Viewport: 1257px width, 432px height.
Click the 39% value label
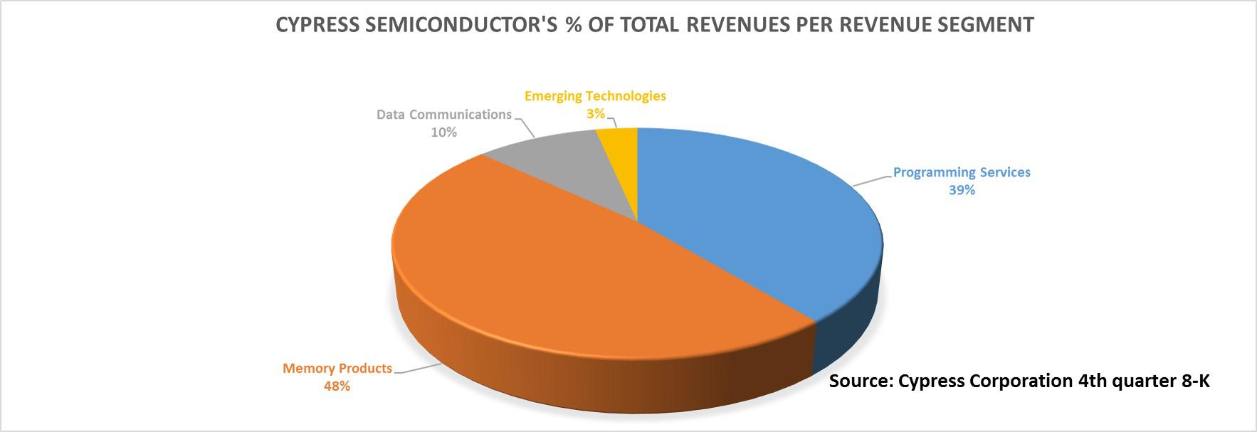[961, 190]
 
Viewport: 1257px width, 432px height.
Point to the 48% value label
[337, 386]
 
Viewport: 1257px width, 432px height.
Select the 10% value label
[443, 132]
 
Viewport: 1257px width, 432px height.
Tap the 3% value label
[596, 114]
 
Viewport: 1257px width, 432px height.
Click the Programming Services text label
[961, 172]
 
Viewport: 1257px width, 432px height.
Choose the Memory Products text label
[337, 369]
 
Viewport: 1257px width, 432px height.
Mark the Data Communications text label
[443, 115]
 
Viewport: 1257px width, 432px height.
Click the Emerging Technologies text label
[595, 96]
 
